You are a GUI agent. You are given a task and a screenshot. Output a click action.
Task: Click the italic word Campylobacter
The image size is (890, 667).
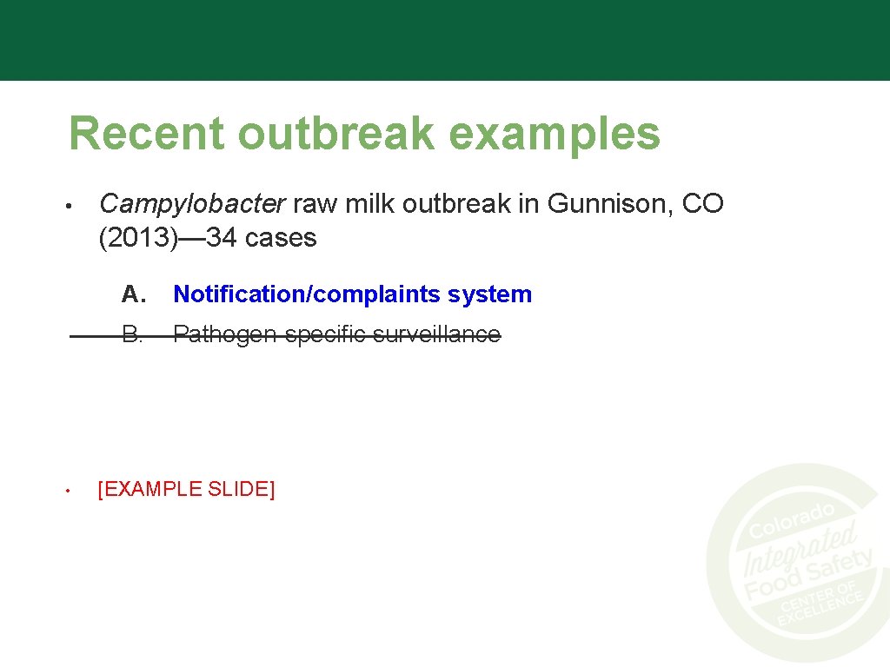[192, 204]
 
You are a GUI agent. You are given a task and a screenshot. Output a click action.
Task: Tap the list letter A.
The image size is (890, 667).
[132, 294]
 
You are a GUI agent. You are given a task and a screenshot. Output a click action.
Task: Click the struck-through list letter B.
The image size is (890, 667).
[132, 334]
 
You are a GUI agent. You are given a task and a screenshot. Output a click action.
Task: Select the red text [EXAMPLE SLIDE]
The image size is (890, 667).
[186, 490]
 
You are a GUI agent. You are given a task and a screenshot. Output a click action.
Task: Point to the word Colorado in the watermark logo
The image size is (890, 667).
[791, 520]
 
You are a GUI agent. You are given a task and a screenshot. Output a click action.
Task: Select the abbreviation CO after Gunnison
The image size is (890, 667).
[702, 204]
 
